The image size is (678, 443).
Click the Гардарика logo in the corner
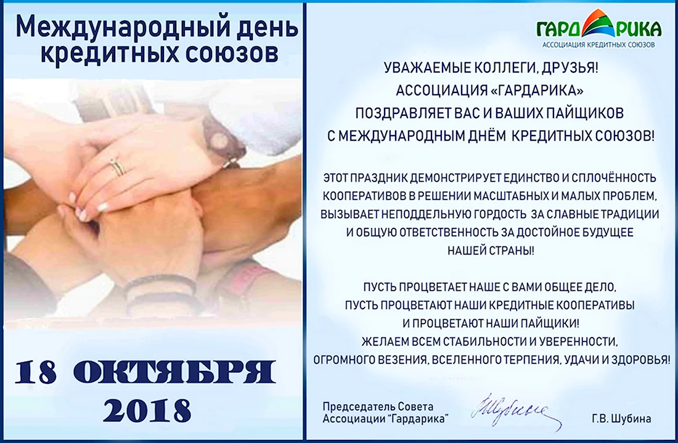pyautogui.click(x=599, y=28)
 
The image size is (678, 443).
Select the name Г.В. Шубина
pyautogui.click(x=621, y=418)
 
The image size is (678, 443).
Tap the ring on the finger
pyautogui.click(x=116, y=167)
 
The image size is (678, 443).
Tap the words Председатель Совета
pyautogui.click(x=378, y=407)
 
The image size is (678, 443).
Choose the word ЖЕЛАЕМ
pyautogui.click(x=379, y=341)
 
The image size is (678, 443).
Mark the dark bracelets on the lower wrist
pyautogui.click(x=160, y=287)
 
